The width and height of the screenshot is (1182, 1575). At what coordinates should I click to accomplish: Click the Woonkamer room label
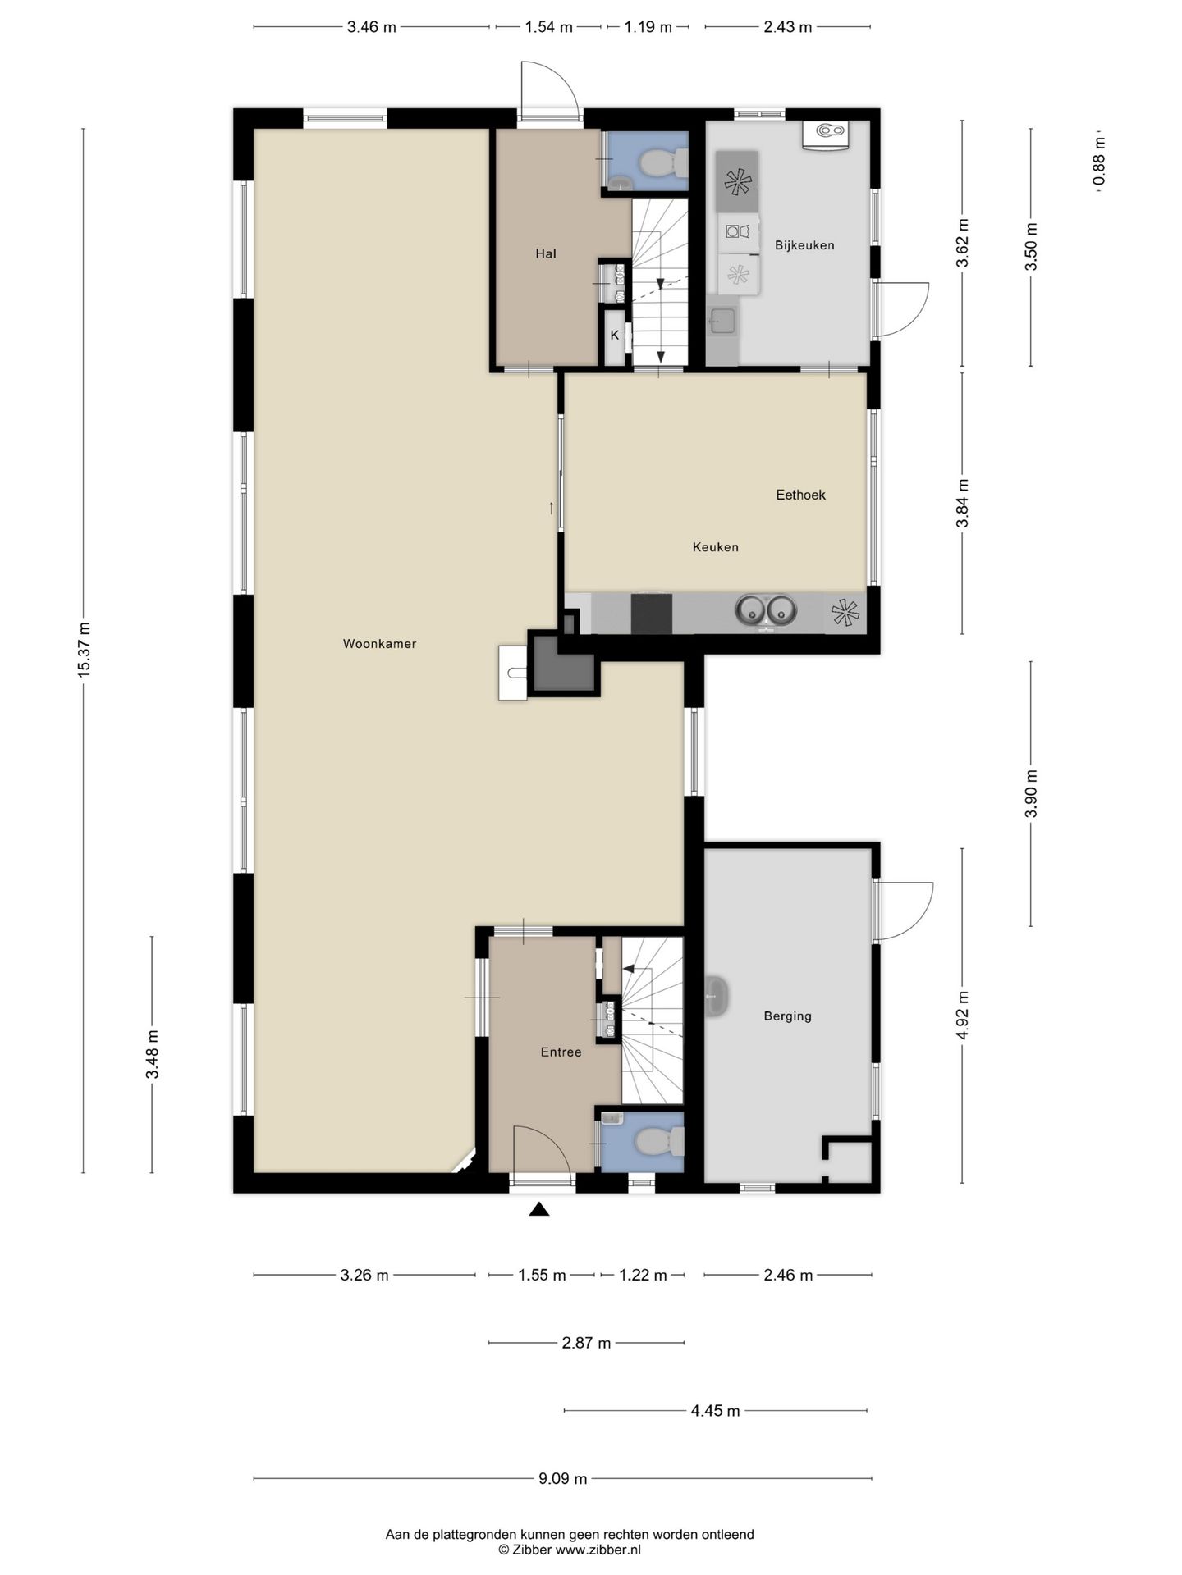coord(379,644)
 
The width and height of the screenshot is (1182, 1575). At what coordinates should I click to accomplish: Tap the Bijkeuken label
coord(804,245)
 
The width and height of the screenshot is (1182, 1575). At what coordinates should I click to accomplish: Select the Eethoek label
coord(800,495)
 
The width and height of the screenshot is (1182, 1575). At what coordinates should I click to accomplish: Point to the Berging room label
coord(787,1016)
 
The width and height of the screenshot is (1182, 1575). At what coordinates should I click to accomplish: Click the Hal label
coord(546,253)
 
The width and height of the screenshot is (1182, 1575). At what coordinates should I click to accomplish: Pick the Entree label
coord(561,1052)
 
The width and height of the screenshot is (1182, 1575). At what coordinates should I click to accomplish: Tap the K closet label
coord(614,335)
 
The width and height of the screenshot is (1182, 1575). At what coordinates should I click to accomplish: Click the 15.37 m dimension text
coord(84,650)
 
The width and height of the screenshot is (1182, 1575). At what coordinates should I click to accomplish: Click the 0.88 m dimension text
coord(1099,161)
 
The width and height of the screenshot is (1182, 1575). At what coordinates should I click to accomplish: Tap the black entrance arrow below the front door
coord(538,1208)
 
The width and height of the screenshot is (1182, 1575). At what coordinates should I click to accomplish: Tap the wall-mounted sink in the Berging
coord(716,997)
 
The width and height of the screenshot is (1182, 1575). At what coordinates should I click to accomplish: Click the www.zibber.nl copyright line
coord(570,1550)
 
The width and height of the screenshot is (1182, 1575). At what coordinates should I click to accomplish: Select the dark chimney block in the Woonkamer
coord(563,664)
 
